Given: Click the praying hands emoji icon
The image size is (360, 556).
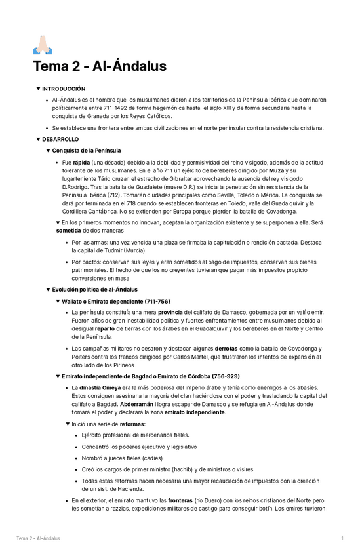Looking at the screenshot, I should [41, 45].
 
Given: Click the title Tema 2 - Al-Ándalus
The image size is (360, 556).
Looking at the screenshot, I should [100, 66].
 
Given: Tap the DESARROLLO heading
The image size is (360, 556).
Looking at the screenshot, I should [60, 140].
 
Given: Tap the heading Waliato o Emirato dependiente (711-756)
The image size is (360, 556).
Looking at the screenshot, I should [115, 301].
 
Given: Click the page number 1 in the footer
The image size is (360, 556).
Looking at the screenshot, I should [342, 538].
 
